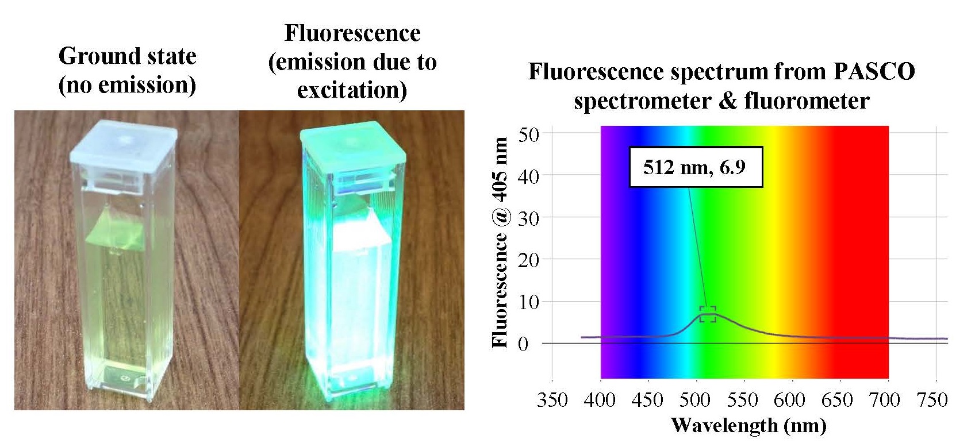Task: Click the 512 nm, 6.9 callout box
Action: click(x=696, y=167)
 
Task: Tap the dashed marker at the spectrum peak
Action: click(x=708, y=314)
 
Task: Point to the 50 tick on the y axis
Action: click(x=528, y=135)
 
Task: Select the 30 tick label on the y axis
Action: click(x=528, y=219)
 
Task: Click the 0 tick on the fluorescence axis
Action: click(x=523, y=344)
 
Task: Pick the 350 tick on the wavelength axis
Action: click(x=552, y=399)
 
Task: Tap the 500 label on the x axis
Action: click(x=696, y=399)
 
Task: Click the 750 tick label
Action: click(x=931, y=399)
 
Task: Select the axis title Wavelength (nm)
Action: click(x=748, y=426)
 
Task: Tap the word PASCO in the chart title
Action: click(x=874, y=72)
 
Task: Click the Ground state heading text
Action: click(x=127, y=56)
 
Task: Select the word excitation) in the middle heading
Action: click(x=352, y=90)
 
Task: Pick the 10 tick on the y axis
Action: click(x=528, y=302)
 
